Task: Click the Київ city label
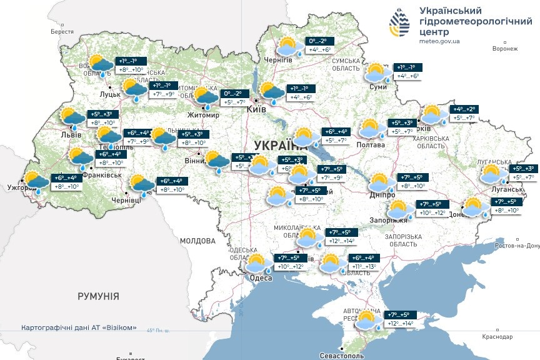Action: [256, 109]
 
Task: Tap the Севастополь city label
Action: [341, 355]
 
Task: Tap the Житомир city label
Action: [203, 115]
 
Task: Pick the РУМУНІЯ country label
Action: [98, 296]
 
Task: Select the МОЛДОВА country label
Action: [197, 240]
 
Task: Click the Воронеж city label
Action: [505, 49]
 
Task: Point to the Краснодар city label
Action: [497, 336]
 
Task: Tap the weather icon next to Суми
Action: [377, 72]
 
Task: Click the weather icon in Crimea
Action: [368, 321]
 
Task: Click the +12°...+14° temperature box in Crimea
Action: [401, 323]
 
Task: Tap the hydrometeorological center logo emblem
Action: [401, 23]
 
